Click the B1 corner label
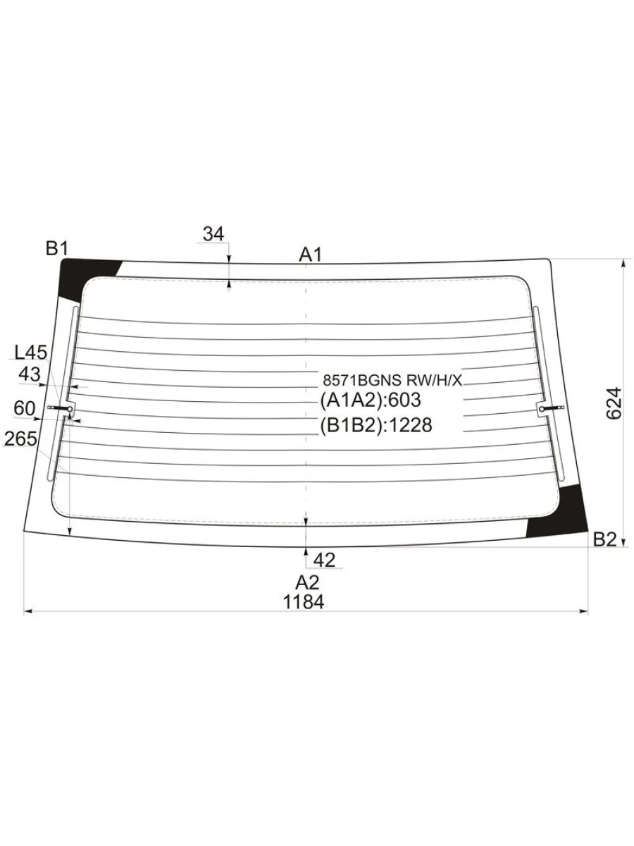click(x=56, y=248)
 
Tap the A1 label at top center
click(x=310, y=255)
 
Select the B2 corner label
click(x=604, y=539)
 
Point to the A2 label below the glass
click(x=307, y=583)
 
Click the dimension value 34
click(x=213, y=234)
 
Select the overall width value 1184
click(x=304, y=602)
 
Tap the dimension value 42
click(x=324, y=560)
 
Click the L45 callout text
click(x=30, y=352)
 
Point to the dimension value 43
click(x=30, y=374)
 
